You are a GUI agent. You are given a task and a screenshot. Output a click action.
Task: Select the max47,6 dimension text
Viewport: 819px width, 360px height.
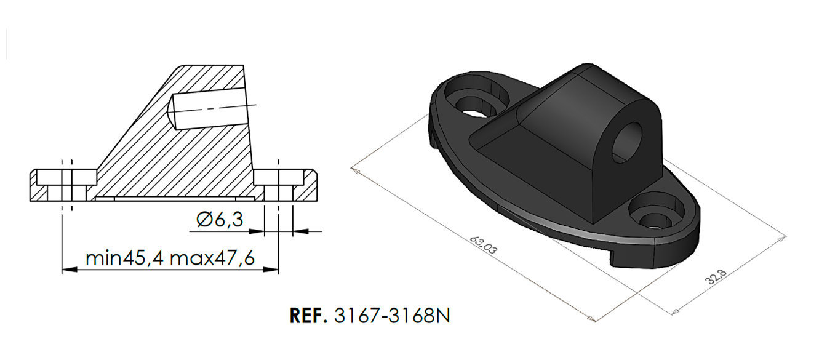pos(212,257)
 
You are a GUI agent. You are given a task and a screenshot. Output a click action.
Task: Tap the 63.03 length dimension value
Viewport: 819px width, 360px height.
pos(482,245)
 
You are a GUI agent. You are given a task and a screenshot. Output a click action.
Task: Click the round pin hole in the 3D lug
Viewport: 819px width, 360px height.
pos(626,141)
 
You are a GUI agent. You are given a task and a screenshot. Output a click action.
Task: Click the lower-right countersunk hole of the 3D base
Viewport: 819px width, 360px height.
pos(653,212)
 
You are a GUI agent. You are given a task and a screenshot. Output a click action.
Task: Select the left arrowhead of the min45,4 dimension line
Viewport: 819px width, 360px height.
pos(68,270)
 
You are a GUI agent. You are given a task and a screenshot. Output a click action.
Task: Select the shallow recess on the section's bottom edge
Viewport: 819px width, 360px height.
pos(175,199)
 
